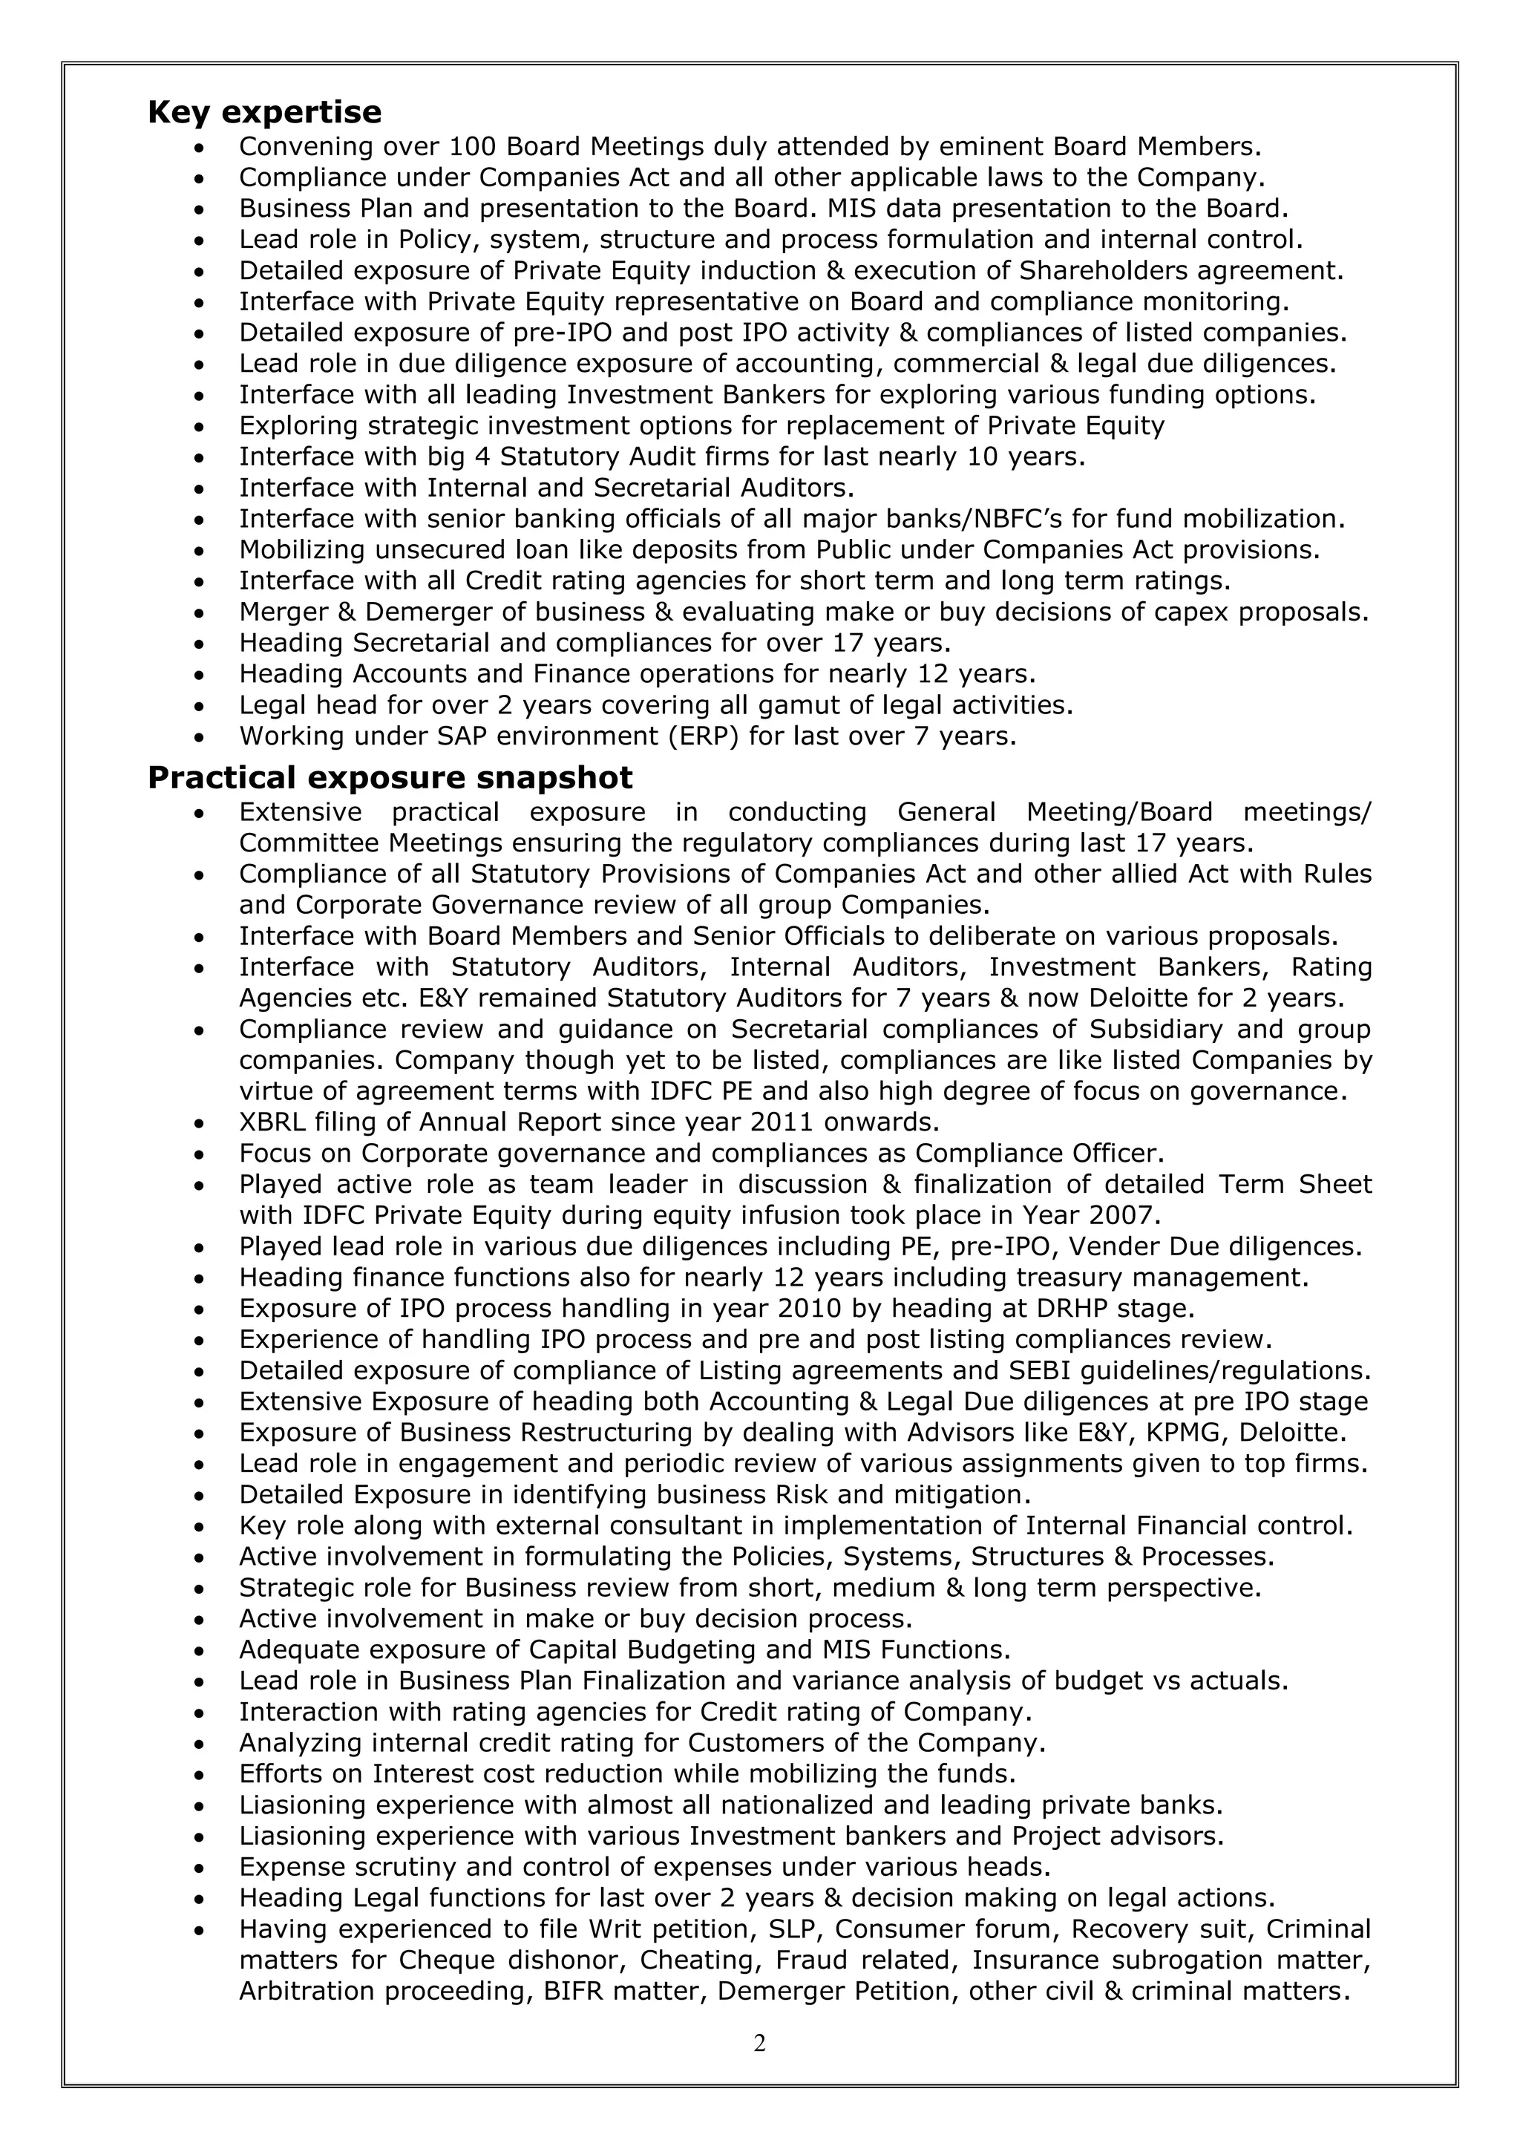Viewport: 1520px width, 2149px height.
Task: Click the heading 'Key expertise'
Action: point(265,112)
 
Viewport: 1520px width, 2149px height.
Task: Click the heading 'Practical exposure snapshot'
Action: point(390,778)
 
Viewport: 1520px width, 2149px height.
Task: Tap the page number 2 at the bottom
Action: point(759,2044)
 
